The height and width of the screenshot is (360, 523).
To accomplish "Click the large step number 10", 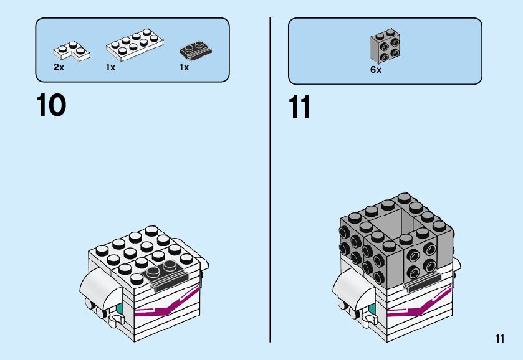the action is click(51, 105).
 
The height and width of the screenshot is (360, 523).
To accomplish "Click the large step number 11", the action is click(300, 107).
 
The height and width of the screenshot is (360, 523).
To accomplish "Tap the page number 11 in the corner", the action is click(499, 339).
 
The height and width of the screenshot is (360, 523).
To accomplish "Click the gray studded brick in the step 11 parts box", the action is click(385, 45).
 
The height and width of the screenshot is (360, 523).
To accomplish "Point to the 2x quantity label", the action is click(59, 67).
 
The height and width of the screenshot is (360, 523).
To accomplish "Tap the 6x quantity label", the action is click(375, 70).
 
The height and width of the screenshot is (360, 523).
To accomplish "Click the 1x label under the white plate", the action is click(110, 67).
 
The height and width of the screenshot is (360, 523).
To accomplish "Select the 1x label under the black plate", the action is click(184, 67).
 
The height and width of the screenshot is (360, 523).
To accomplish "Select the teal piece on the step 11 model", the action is click(373, 310).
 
